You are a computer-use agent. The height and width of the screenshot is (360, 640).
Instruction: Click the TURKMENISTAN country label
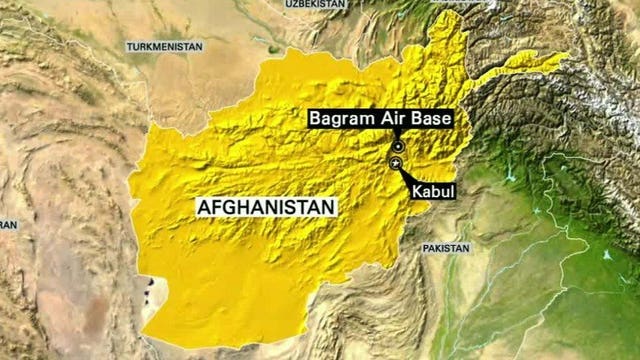(164, 46)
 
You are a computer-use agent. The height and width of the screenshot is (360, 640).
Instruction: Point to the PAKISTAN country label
(445, 247)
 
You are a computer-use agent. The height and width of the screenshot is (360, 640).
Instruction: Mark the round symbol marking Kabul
(395, 163)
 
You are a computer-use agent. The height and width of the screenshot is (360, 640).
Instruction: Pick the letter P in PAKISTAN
(425, 247)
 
